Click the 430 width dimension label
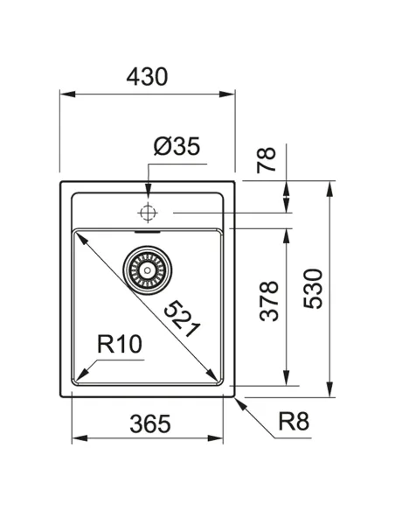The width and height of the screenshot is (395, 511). (147, 77)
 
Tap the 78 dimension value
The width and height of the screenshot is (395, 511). (267, 159)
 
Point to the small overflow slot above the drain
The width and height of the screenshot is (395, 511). (148, 234)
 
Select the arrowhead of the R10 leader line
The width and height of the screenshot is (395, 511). (89, 368)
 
